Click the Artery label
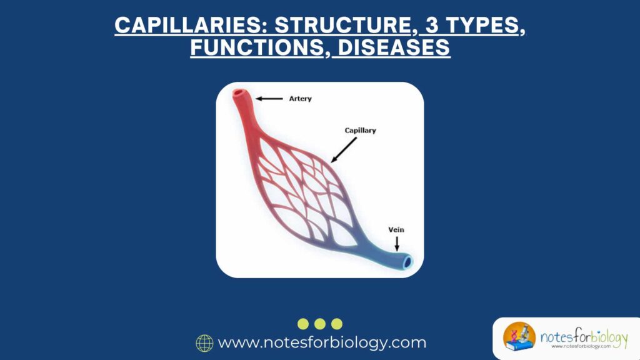(x=300, y=99)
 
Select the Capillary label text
(x=360, y=131)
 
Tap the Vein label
(x=396, y=230)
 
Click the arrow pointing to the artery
(x=269, y=99)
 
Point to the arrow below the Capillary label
(x=344, y=150)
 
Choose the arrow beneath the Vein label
(x=396, y=244)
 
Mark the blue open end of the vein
(x=407, y=262)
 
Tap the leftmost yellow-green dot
(x=303, y=324)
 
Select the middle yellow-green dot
(x=320, y=324)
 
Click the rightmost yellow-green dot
(x=337, y=324)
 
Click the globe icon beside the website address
(x=204, y=343)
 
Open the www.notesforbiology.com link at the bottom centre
(x=322, y=343)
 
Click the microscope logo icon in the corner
(x=519, y=338)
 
